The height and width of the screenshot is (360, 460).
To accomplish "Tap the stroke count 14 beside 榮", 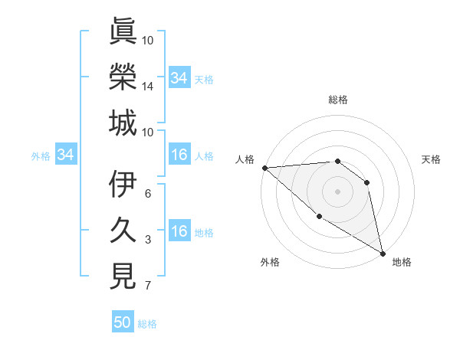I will [148, 87].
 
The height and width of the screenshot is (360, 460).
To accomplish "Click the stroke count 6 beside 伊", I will [148, 193].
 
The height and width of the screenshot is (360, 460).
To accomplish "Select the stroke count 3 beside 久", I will [148, 240].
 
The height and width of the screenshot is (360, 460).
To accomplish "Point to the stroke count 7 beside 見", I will [148, 286].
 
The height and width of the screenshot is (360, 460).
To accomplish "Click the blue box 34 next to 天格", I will [179, 78].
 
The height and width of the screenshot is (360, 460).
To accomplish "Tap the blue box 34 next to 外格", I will [65, 155].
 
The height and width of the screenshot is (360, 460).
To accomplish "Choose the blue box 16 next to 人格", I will [179, 155].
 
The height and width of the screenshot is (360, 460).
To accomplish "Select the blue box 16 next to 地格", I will [179, 232].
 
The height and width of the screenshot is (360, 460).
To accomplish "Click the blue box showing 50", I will [123, 322].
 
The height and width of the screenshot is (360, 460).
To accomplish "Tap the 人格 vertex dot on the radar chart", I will [264, 167].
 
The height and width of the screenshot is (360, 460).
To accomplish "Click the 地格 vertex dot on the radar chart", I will [383, 252].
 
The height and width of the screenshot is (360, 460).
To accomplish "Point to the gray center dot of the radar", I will [337, 191].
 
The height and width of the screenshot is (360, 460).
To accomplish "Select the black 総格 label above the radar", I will [337, 100].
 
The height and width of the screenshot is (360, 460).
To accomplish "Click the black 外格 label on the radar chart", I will [270, 262].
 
